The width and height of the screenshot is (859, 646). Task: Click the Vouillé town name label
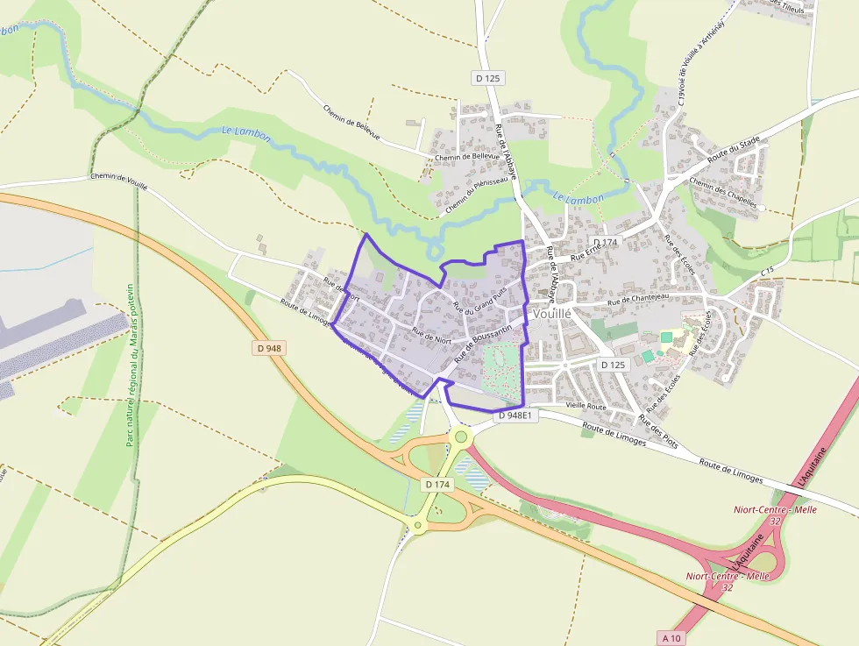click(x=551, y=313)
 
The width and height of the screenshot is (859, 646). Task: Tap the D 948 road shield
click(x=270, y=348)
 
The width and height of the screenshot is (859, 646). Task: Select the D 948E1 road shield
click(x=514, y=415)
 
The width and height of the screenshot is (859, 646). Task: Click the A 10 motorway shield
click(x=672, y=637)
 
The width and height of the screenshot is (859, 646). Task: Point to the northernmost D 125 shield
click(x=487, y=78)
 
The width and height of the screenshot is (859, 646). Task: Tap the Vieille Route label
click(x=586, y=407)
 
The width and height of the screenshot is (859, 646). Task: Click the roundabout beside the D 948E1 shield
click(x=460, y=436)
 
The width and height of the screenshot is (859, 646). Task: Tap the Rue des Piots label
click(x=658, y=425)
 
